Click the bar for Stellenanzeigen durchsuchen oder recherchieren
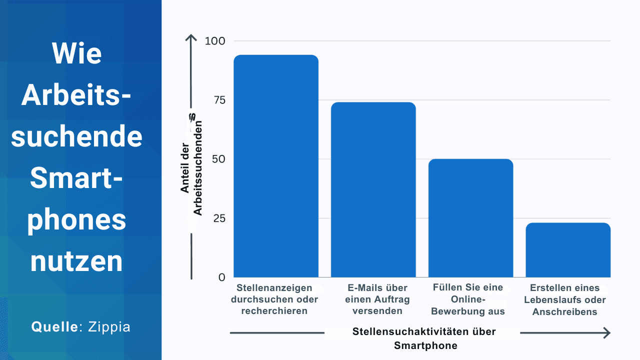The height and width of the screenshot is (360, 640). pos(276,166)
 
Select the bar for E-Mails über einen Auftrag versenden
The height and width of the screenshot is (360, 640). pos(373,190)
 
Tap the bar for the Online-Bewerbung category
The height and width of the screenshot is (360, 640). pos(470,218)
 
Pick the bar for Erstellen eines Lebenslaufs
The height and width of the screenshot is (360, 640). pos(568,250)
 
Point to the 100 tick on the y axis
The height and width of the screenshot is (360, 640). pos(215,41)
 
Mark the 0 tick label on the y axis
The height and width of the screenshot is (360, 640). pos(221,277)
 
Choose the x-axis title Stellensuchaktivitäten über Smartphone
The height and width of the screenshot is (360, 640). pos(423,338)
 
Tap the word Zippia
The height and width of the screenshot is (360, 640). pos(109,327)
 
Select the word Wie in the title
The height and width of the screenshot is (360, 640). pos(76,53)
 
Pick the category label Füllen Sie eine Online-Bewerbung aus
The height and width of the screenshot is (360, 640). pos(468,299)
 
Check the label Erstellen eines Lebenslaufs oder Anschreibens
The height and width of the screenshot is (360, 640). pos(565,300)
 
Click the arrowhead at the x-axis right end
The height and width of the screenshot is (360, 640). pos(606,332)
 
